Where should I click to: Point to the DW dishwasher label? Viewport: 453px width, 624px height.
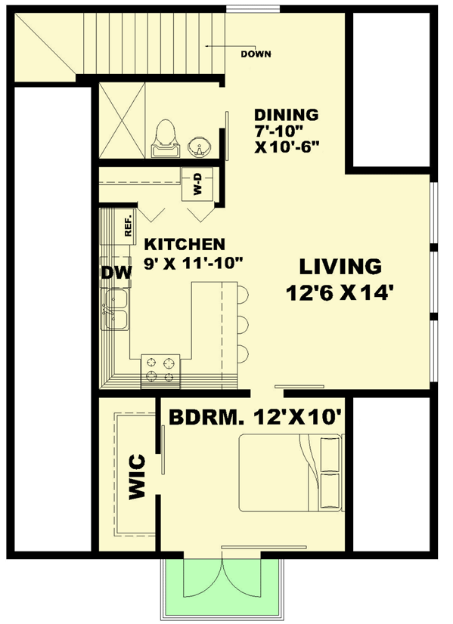point(113,273)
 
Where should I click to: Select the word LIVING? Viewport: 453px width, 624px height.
point(340,267)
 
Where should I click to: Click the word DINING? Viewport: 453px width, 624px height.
point(286,116)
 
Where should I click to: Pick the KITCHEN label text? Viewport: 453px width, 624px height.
point(185,245)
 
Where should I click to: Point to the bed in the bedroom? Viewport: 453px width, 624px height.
point(290,472)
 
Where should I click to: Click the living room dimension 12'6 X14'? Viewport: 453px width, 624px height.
point(340,292)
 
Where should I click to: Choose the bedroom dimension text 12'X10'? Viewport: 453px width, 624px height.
point(306,417)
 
